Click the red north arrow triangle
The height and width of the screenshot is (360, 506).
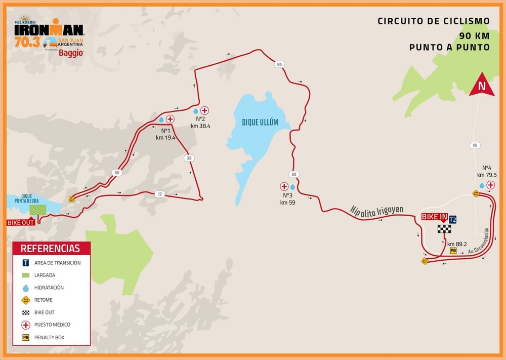(482, 87)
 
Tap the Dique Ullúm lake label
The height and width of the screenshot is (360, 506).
(260, 123)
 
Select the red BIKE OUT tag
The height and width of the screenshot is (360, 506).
(21, 222)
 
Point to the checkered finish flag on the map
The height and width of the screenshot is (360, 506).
(444, 229)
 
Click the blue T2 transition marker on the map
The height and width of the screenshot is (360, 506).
(453, 219)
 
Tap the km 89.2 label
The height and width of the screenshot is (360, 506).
(457, 244)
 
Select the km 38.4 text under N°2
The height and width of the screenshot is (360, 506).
(201, 126)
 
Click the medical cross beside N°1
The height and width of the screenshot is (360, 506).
(171, 119)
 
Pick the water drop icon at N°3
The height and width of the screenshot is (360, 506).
(292, 186)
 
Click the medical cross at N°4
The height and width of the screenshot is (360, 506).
(490, 185)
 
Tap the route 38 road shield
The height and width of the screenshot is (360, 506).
(189, 158)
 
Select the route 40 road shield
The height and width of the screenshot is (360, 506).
(475, 145)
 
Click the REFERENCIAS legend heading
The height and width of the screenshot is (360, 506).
(51, 248)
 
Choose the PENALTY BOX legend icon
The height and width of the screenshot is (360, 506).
(25, 337)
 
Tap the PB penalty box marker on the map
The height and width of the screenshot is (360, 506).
(453, 251)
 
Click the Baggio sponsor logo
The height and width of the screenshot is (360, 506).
(71, 53)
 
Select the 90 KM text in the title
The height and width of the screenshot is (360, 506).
(475, 35)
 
